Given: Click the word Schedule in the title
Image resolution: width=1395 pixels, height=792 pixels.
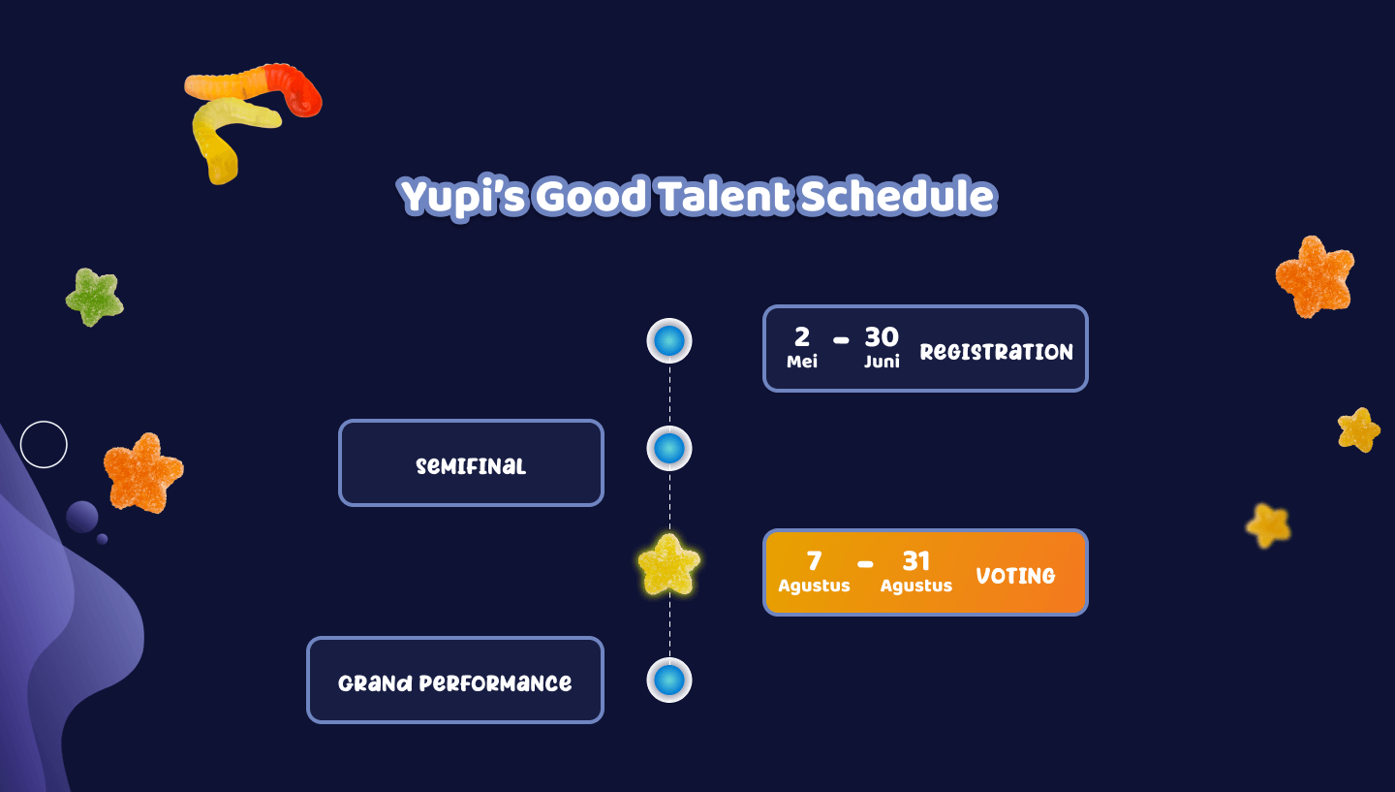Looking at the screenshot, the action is [x=897, y=196].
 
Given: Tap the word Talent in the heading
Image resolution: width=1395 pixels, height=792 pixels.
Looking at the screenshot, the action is [x=725, y=196].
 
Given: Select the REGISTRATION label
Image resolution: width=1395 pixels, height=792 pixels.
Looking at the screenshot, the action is [x=997, y=352].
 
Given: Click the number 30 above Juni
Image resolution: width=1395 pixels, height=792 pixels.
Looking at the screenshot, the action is [x=882, y=337].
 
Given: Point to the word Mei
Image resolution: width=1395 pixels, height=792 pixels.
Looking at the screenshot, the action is [x=801, y=362].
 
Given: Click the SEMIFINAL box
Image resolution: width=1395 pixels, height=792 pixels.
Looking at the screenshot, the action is [x=471, y=463].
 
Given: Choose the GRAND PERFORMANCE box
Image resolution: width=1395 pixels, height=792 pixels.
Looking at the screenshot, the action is [x=455, y=680].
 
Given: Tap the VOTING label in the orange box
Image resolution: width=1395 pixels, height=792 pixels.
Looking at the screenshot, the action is [x=1015, y=576].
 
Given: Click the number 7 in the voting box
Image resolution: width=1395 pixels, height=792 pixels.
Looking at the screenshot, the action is [x=814, y=561].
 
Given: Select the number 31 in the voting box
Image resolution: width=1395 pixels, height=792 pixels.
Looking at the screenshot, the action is [x=916, y=561].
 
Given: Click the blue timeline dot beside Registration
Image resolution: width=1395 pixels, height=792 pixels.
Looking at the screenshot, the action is [x=669, y=341].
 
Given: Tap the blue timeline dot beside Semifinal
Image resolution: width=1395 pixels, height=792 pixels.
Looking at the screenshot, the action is [x=669, y=448].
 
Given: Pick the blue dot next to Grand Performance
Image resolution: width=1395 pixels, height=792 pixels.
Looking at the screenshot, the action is [x=669, y=680].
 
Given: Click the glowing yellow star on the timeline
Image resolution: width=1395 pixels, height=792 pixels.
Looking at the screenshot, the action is [x=668, y=564].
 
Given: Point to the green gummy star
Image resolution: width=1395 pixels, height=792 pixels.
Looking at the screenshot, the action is [x=94, y=298].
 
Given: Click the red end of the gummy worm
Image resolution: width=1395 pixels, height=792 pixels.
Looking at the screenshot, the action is [x=297, y=91].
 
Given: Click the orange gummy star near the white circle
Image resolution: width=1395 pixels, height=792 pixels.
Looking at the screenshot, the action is [x=143, y=474].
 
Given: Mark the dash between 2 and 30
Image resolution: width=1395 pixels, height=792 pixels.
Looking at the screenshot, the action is [x=841, y=340].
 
